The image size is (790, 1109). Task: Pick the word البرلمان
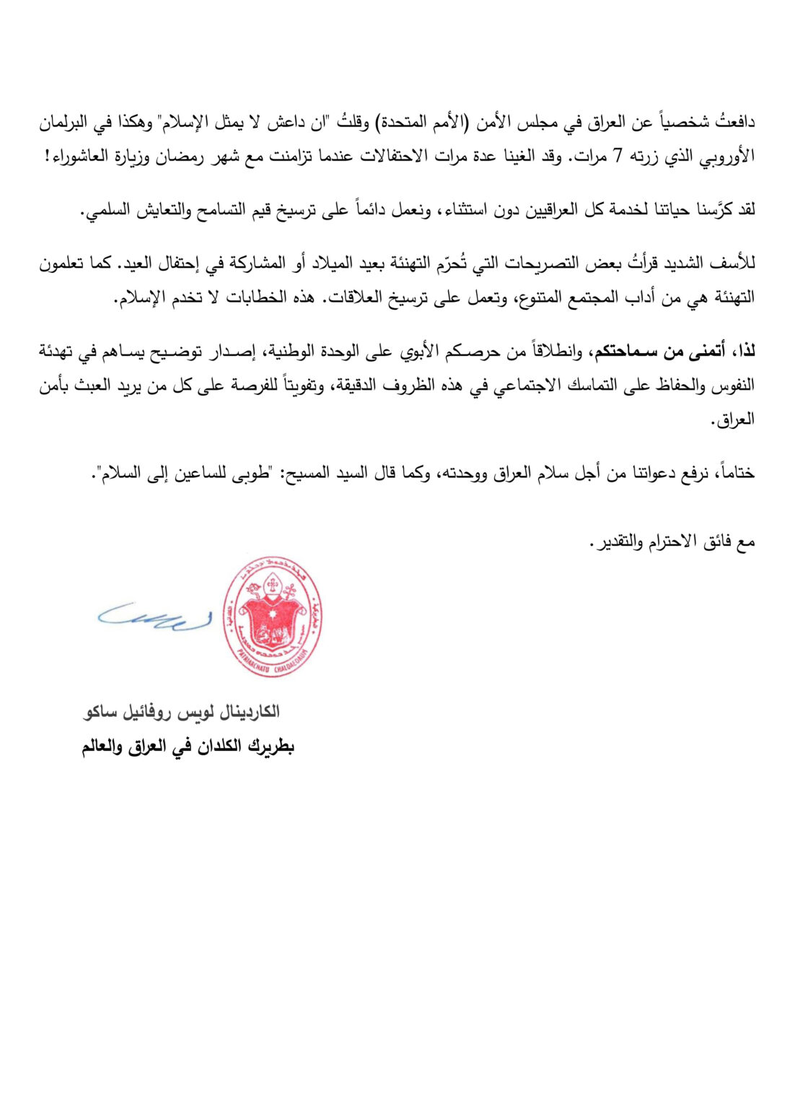point(66,122)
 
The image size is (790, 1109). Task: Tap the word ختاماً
point(734,474)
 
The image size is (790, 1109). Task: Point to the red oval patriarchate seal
point(272,617)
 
